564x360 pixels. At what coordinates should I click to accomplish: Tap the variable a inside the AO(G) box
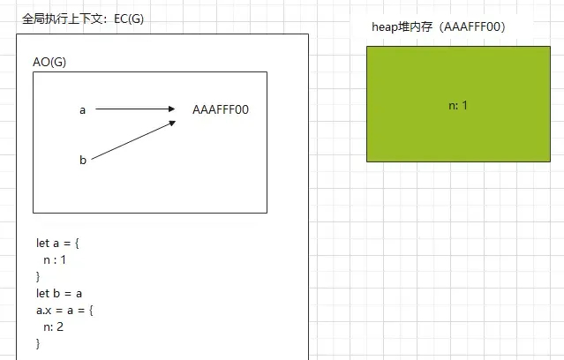[x=82, y=110]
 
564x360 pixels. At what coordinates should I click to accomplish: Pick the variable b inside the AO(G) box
[x=82, y=160]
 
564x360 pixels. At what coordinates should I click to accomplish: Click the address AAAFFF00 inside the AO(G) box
[x=221, y=110]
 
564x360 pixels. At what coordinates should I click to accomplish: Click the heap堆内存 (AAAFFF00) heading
[x=439, y=27]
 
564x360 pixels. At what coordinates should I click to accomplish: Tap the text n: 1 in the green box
[x=457, y=105]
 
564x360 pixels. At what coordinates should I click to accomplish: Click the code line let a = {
[x=57, y=243]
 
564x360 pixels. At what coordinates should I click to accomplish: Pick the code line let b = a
[x=58, y=293]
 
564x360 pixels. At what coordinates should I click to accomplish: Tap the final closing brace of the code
[x=38, y=343]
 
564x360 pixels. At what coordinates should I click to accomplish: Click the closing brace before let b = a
[x=38, y=276]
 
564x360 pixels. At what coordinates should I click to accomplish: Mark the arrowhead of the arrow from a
[x=172, y=109]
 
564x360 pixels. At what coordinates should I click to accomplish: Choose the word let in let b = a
[x=42, y=293]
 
